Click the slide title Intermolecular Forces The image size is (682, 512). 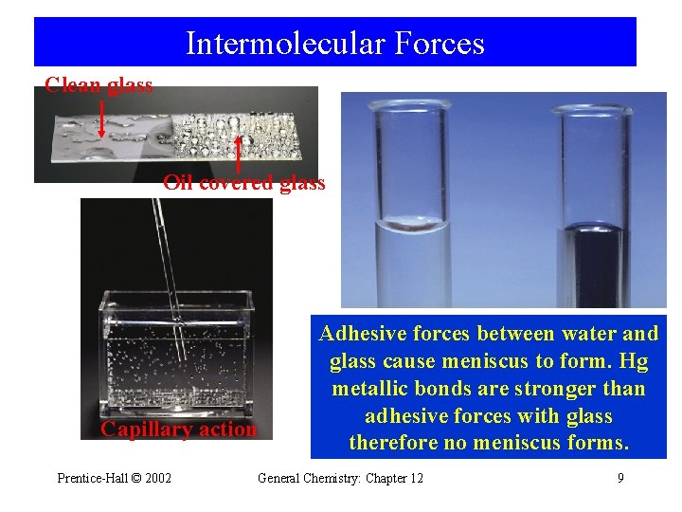tap(334, 44)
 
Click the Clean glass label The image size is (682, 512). tap(99, 85)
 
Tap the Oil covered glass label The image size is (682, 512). tap(243, 182)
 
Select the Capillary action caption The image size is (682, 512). tap(179, 429)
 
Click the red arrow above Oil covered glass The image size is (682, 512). tap(238, 152)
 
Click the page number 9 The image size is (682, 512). tap(620, 478)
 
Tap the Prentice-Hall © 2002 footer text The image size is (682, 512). tap(115, 478)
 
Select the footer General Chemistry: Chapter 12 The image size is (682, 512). tap(340, 478)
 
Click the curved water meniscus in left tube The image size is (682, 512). tap(412, 225)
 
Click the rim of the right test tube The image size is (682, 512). tap(595, 110)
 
